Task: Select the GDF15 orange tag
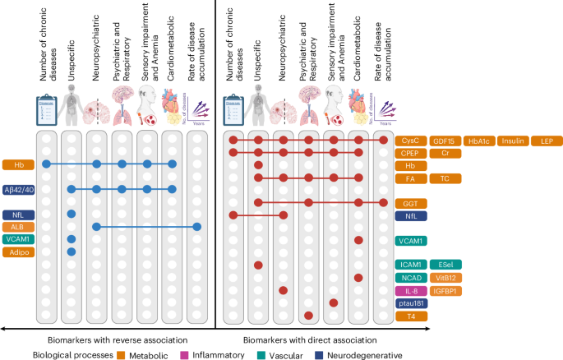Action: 445,141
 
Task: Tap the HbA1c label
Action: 481,141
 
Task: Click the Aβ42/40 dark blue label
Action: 19,190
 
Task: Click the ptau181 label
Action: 412,302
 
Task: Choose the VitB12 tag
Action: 445,278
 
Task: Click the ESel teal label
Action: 445,265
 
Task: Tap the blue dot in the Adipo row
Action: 72,252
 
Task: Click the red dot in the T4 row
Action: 309,316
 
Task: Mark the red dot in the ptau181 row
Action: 334,302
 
